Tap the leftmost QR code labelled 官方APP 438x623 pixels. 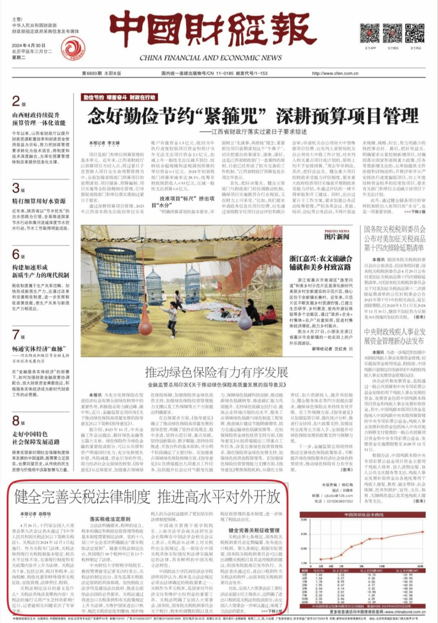click(370, 34)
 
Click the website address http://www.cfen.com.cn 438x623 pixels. click(332, 73)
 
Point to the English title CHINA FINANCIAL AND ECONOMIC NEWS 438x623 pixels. click(210, 58)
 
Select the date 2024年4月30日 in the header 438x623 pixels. click(29, 45)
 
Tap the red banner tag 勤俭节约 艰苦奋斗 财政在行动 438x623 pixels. click(120, 98)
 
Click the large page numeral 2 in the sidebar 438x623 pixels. click(16, 101)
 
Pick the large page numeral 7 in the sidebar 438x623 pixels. click(16, 334)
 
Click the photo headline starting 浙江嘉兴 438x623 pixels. click(321, 263)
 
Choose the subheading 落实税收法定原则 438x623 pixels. click(110, 519)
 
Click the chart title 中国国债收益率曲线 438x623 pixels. click(364, 514)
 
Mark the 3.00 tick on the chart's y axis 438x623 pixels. click(304, 520)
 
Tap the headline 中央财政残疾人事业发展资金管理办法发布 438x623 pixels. click(395, 336)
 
